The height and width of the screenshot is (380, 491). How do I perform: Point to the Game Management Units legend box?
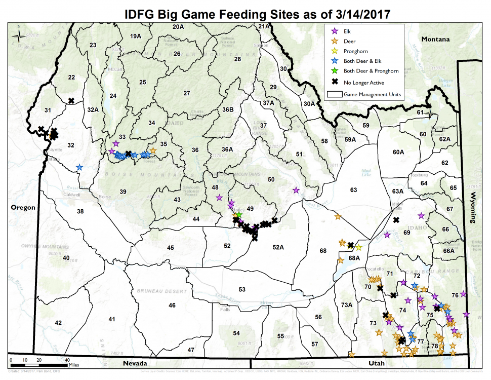pos(334,94)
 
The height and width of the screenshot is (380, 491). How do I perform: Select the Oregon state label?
pos(23,207)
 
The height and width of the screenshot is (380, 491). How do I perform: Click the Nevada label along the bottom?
pos(135,364)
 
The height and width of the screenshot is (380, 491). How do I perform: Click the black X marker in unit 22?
pos(71,100)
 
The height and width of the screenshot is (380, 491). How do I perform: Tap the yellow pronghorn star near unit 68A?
pos(358,248)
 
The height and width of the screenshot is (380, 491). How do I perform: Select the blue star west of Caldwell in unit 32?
pos(79,167)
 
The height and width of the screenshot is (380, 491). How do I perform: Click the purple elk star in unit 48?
pos(219,198)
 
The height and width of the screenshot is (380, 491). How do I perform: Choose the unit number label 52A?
pos(277,247)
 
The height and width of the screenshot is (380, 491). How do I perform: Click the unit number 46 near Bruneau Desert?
pos(172,305)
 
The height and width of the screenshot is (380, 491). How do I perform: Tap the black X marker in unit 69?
pos(396,220)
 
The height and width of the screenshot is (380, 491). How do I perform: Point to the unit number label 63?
pos(353,190)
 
